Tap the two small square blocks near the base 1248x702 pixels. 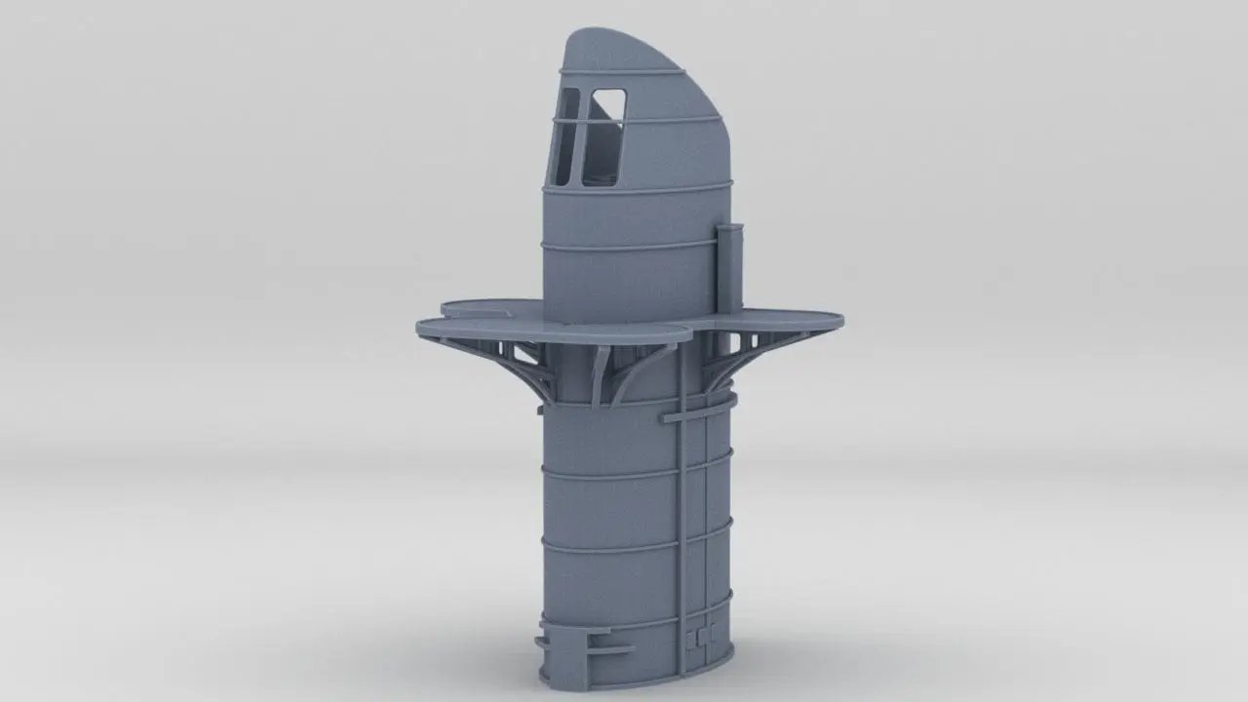tap(700, 638)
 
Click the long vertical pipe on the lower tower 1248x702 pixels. tap(687, 526)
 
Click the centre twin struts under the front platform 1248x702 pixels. tap(604, 375)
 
